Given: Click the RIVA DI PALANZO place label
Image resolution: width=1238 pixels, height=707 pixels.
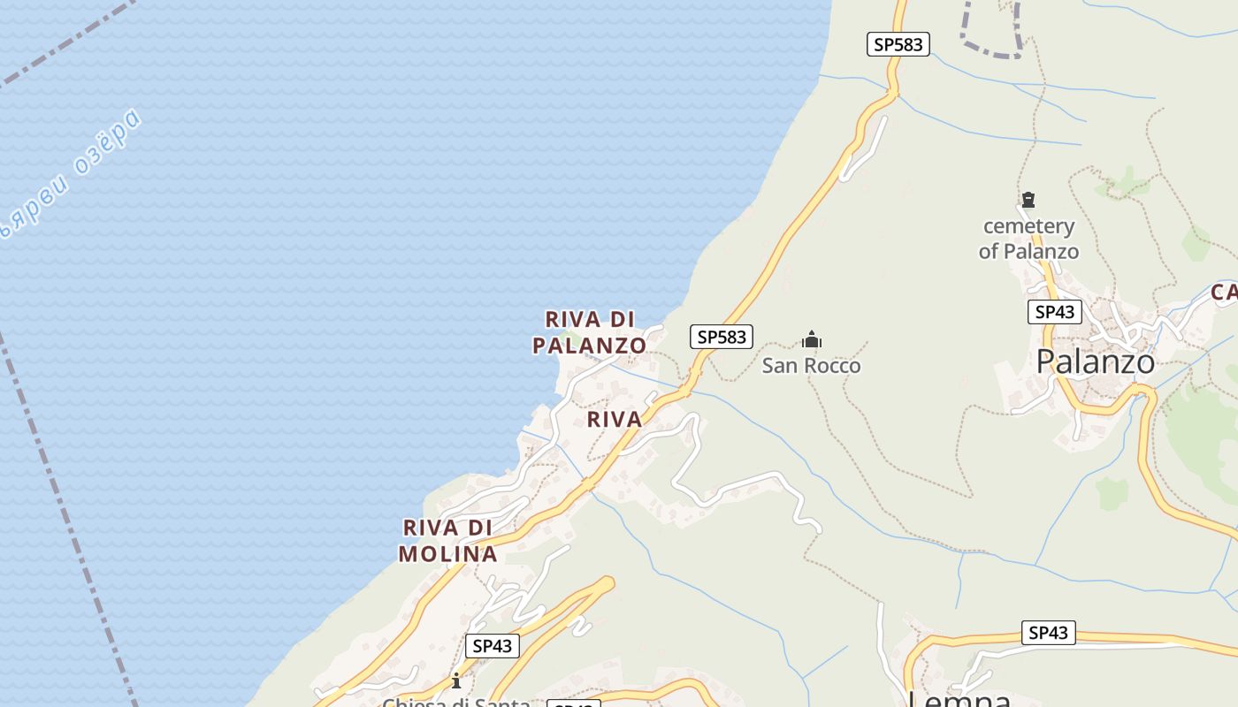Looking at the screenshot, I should click(x=589, y=332).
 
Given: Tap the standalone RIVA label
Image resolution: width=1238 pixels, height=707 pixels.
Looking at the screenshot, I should click(x=615, y=420).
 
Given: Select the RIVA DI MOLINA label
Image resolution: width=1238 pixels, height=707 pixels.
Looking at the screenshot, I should click(x=447, y=541).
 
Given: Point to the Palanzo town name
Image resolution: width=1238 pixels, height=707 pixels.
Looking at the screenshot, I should click(x=1095, y=361).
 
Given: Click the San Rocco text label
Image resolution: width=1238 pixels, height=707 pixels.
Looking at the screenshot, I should click(x=811, y=365).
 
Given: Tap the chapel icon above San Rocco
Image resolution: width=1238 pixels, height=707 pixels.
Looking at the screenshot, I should click(x=812, y=339).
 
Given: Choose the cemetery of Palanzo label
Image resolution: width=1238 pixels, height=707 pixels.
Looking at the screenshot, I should click(x=1028, y=239).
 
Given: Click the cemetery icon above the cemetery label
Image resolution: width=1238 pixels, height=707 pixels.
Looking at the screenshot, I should click(x=1028, y=200).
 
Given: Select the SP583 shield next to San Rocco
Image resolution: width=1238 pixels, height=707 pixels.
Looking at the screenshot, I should click(x=722, y=337).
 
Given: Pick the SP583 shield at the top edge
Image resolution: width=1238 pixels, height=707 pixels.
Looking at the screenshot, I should click(x=898, y=44).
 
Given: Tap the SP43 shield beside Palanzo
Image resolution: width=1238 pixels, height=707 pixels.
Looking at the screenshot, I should click(x=1055, y=311).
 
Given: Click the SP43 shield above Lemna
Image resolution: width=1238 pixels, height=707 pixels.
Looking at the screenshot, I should click(x=1049, y=633).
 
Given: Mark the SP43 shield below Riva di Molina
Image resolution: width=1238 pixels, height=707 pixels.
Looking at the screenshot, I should click(x=493, y=646).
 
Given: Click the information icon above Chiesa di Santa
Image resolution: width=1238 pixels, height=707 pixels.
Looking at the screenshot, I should click(x=456, y=680).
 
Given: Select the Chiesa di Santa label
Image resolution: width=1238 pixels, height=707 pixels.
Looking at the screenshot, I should click(x=456, y=702).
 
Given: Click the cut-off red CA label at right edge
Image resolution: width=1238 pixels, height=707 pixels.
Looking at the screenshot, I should click(x=1224, y=293).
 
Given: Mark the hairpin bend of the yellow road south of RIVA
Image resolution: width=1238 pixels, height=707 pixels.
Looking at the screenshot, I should click(x=606, y=582).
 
